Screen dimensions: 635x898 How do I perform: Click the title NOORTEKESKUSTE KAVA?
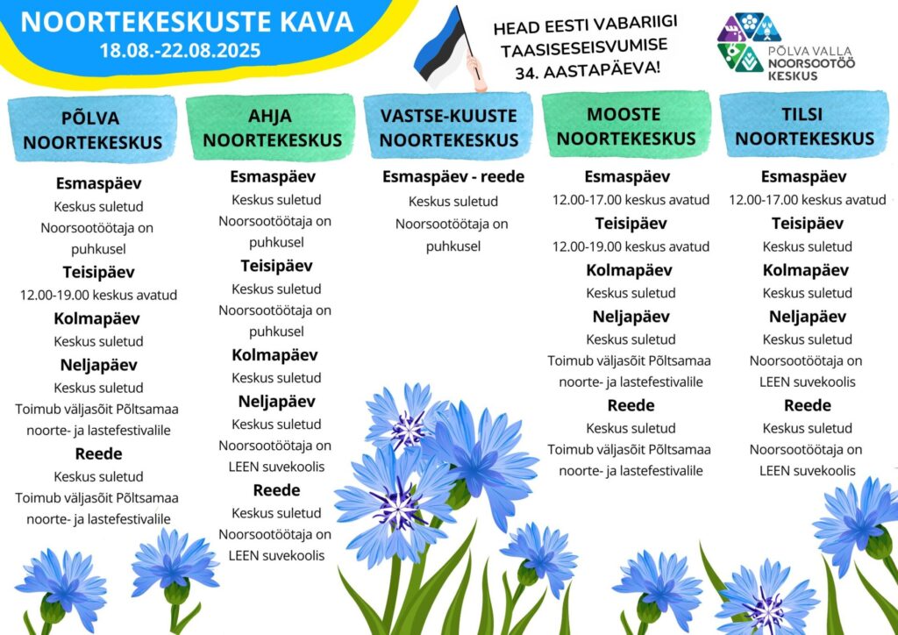coord(187,22)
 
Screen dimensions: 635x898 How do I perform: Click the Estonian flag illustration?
coord(444,48)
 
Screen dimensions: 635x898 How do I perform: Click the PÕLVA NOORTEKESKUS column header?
coord(92,130)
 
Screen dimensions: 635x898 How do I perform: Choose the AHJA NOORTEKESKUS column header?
coord(271,128)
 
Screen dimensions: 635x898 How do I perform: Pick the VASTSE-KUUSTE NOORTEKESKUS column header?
coord(449,128)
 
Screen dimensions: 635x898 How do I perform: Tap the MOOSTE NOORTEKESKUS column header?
coord(625,126)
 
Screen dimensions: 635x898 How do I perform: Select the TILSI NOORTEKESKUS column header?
coord(804,126)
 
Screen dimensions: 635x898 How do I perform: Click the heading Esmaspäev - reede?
coord(453,177)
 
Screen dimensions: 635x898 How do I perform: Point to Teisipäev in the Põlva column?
coord(98,272)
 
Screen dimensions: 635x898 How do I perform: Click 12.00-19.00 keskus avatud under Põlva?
coord(98,295)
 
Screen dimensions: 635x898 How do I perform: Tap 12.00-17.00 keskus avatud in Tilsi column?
coord(807,200)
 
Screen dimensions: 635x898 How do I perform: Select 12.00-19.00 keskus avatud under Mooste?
coord(631,246)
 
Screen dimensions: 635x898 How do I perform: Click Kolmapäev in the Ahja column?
coord(275,355)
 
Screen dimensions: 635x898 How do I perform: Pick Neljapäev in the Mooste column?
coord(631,317)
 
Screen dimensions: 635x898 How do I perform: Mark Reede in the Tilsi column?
coord(807,405)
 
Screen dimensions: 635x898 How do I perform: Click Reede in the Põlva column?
coord(98,454)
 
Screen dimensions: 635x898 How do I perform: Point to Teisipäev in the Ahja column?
coord(276,266)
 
